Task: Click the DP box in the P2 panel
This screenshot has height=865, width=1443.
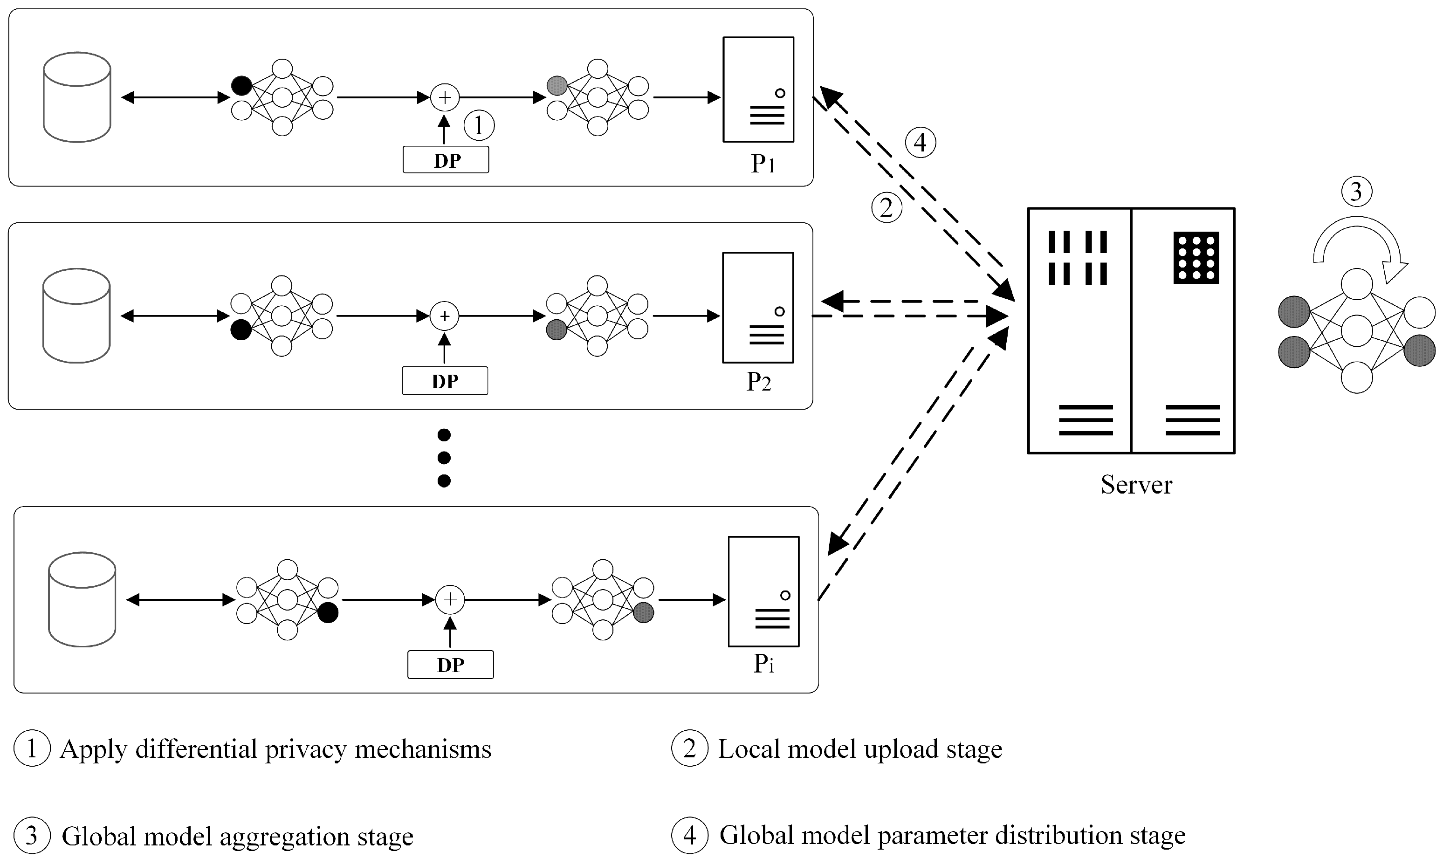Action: [x=445, y=381]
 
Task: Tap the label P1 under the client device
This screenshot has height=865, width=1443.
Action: [x=763, y=163]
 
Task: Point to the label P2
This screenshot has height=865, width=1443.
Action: [x=758, y=381]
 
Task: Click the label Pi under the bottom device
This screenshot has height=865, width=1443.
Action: [x=763, y=663]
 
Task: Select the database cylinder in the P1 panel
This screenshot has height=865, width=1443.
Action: [x=77, y=97]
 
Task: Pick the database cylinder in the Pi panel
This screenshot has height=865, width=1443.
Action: [x=82, y=599]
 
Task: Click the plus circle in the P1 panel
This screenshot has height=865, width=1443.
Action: [x=445, y=97]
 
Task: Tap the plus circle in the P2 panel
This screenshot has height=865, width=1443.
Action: [x=445, y=316]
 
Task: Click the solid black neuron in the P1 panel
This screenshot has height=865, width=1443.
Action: [x=241, y=86]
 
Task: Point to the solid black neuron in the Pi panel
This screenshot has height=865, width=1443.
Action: [x=328, y=612]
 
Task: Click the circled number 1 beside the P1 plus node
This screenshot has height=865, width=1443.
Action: [x=479, y=125]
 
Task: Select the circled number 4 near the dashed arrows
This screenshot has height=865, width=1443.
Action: [x=920, y=142]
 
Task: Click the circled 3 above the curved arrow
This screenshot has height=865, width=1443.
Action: [x=1356, y=192]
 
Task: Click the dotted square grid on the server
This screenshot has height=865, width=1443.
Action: [x=1196, y=258]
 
